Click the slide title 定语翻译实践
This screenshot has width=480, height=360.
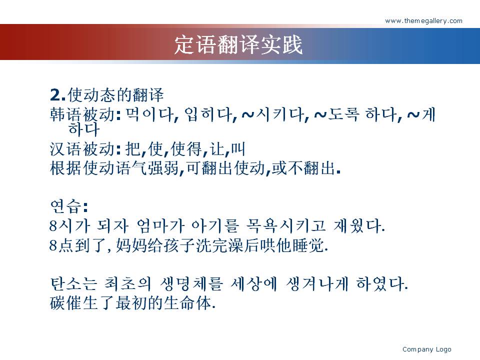coord(238,44)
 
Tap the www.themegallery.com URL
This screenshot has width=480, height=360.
coord(423,21)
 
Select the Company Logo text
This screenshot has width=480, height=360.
coord(426,349)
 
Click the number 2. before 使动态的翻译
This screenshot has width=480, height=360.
coord(58,94)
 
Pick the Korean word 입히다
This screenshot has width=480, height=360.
coord(209,115)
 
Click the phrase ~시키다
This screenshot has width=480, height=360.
coord(273,115)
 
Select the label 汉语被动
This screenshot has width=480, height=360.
coord(82,149)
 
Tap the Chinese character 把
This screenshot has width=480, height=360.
coord(133,149)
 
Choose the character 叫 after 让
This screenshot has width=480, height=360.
coord(238,149)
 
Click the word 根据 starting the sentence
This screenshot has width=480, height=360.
coord(66,168)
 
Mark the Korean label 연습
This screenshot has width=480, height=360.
coord(66,206)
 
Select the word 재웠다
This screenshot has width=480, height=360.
coord(357,226)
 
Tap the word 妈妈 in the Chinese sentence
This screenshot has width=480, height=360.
coord(131,245)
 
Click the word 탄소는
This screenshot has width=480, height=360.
coord(73,284)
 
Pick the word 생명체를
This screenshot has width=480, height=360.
coord(191,284)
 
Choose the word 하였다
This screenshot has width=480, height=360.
coord(380,284)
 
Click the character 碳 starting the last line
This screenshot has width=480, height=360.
coord(58,303)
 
